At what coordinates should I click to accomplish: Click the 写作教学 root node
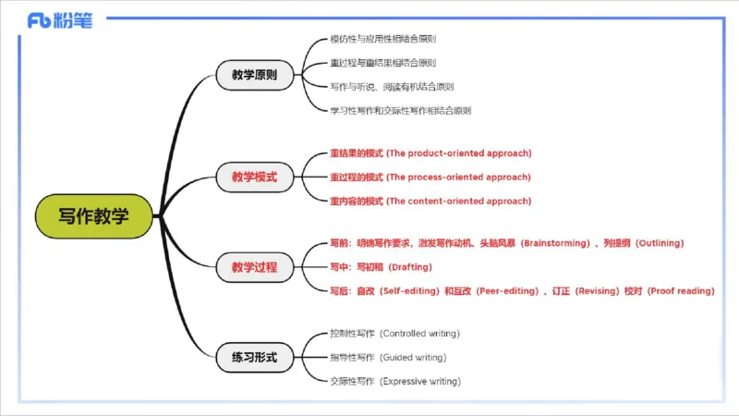tap(93, 216)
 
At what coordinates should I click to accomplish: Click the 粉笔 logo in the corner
tap(60, 21)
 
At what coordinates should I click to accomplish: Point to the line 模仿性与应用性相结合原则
tap(382, 40)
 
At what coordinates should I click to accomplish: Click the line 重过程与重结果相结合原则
tap(382, 64)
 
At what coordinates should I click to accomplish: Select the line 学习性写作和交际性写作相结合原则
tap(400, 110)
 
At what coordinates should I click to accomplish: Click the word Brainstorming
tap(555, 243)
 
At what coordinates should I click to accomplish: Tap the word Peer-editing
tap(508, 291)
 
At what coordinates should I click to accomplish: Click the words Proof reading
tap(682, 291)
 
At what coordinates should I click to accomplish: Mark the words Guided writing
tap(414, 357)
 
